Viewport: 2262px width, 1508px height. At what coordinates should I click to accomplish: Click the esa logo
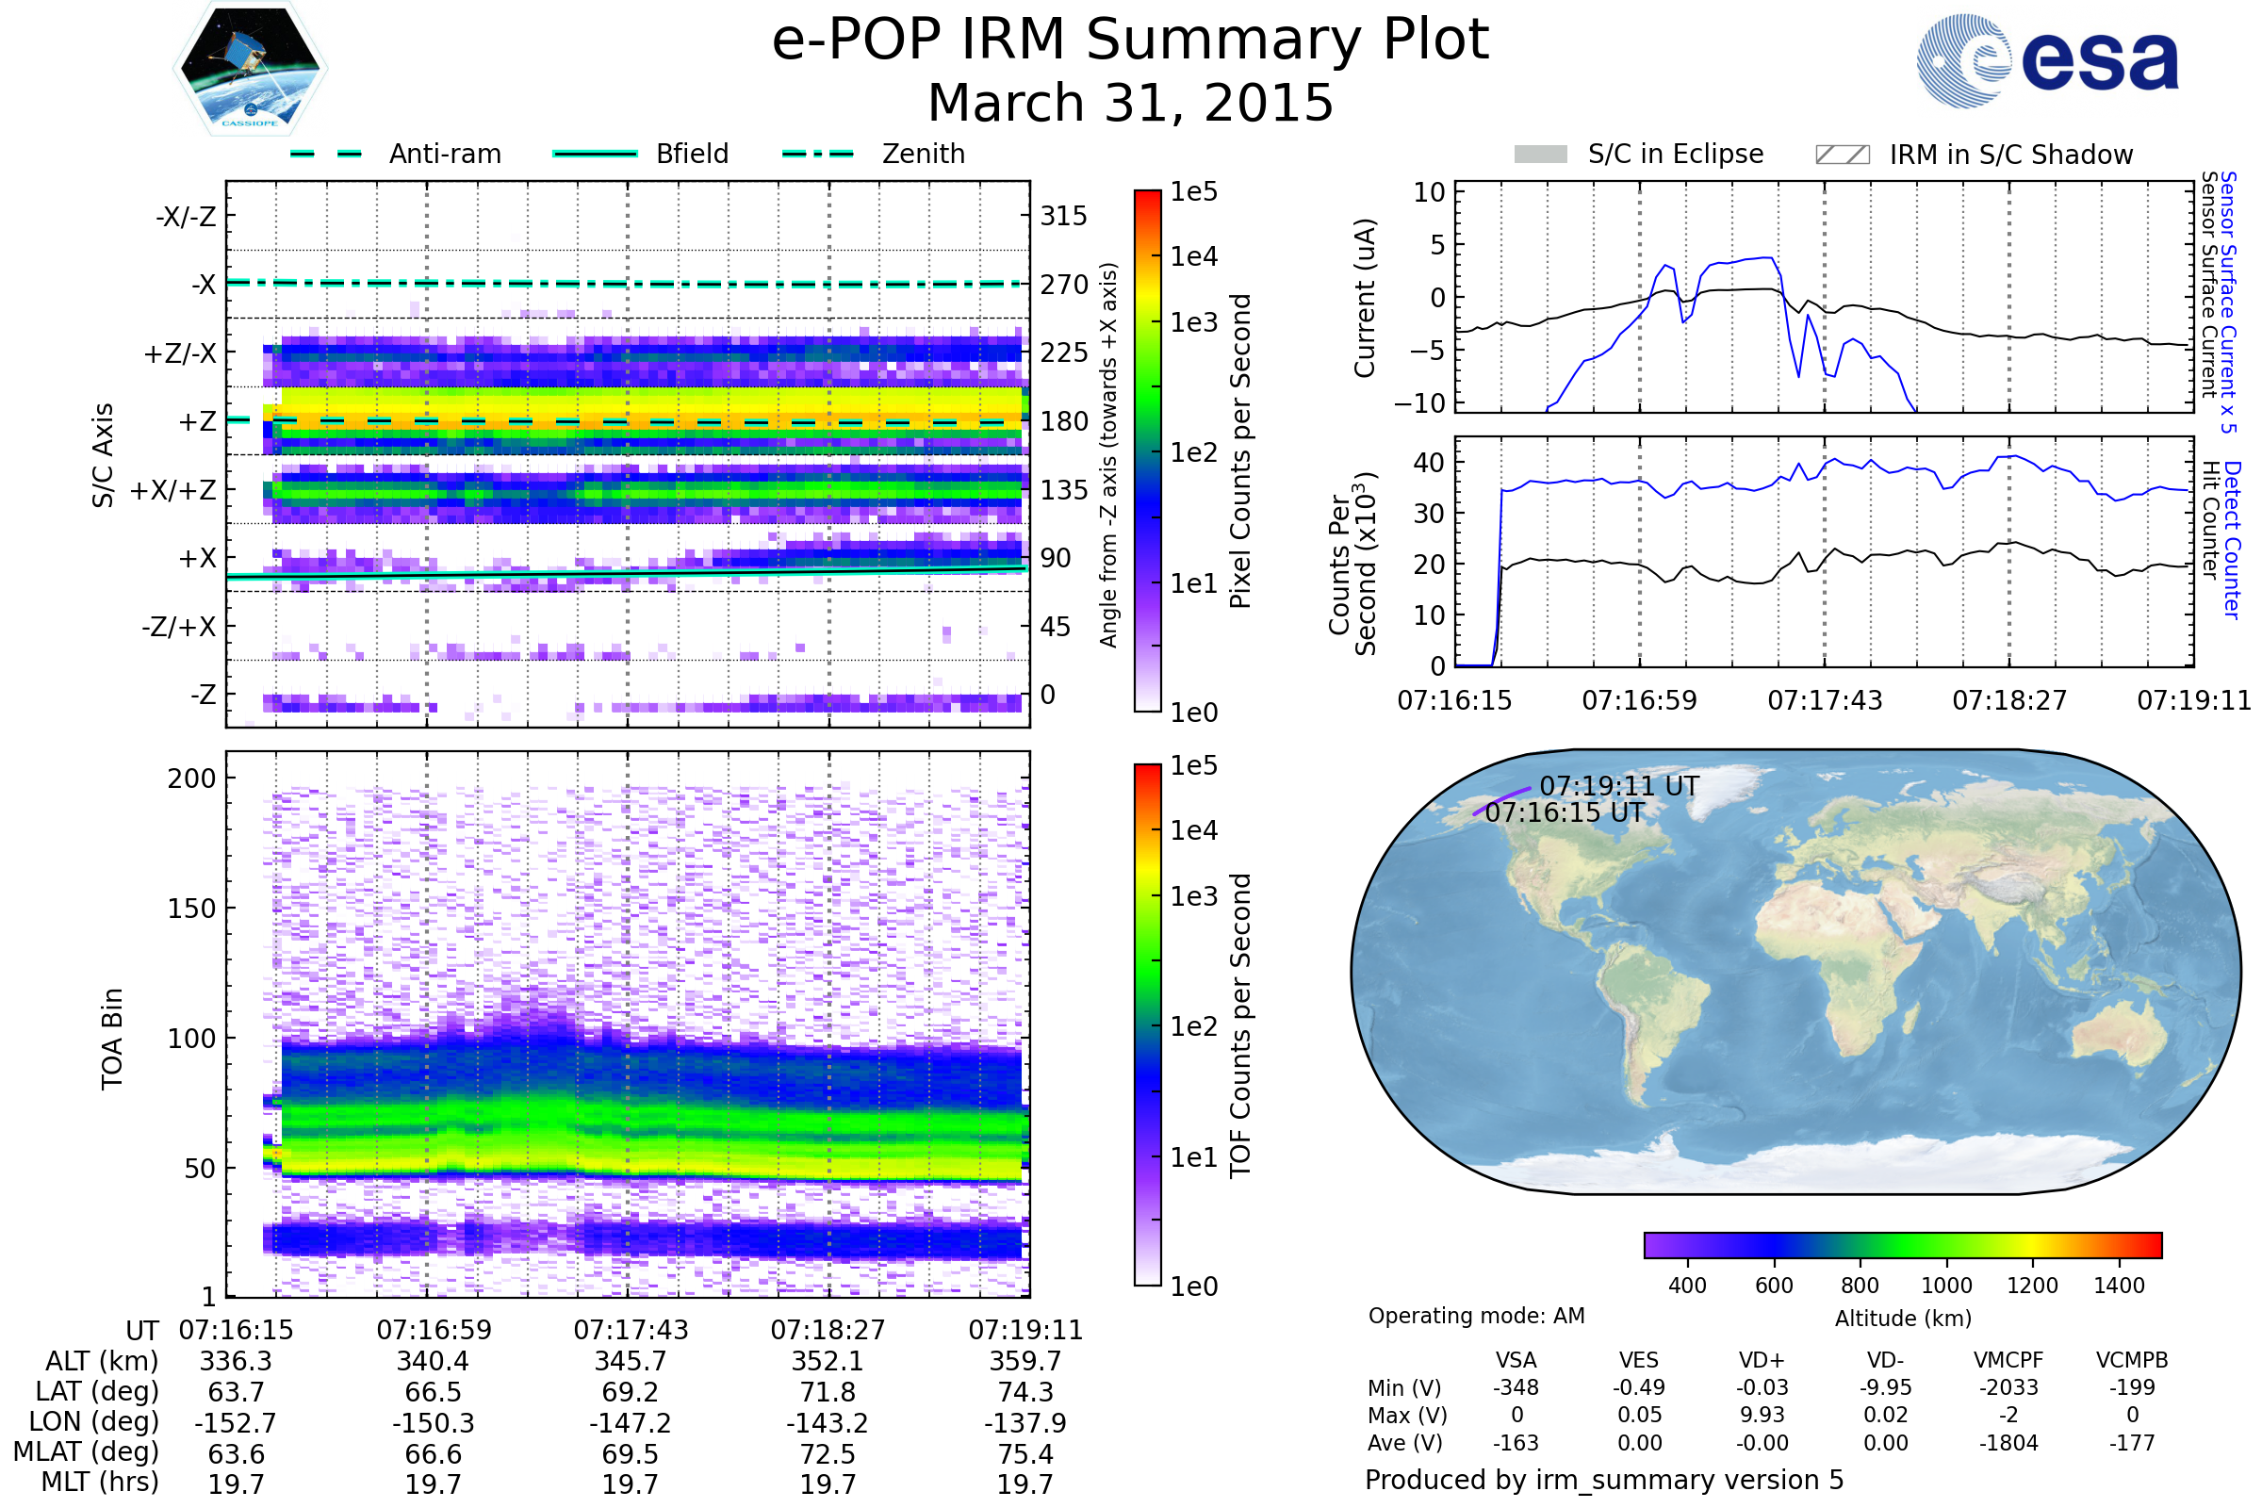(2047, 59)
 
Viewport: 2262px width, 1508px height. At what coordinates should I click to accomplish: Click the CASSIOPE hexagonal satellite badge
(250, 68)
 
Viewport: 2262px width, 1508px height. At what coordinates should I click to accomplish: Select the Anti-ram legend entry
(395, 154)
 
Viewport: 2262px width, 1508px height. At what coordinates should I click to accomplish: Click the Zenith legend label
(924, 154)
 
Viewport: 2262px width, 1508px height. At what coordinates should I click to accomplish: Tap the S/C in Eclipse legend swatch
(1541, 155)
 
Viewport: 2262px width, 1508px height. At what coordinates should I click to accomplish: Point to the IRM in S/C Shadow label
(2011, 155)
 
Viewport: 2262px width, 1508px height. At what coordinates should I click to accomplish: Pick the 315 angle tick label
(1064, 216)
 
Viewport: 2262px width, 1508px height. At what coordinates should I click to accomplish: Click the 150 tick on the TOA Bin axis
(192, 909)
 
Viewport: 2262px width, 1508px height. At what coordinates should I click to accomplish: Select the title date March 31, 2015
(1131, 103)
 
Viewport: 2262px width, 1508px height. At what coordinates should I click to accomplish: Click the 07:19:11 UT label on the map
(1619, 786)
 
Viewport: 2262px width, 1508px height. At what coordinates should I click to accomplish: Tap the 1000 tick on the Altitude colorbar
(1946, 1286)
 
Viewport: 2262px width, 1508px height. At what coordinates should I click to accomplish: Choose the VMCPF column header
(2008, 1360)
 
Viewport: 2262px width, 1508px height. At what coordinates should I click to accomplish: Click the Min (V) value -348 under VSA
(1516, 1387)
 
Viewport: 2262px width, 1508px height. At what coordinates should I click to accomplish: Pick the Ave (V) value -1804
(2008, 1443)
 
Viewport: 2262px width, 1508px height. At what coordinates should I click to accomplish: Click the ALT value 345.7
(630, 1362)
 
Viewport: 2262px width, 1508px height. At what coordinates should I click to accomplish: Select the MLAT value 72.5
(828, 1454)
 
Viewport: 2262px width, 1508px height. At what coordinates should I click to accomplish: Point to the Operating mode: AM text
(1476, 1316)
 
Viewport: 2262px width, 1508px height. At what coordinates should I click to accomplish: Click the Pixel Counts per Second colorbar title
(1240, 451)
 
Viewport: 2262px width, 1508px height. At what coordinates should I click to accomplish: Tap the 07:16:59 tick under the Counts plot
(1640, 700)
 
